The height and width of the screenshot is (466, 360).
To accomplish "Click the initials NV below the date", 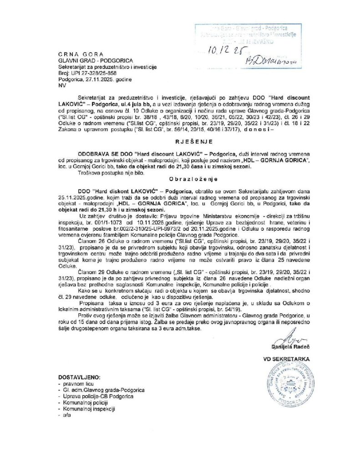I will pos(62,85).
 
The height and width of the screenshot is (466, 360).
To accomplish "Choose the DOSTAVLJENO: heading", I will pos(80,378).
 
